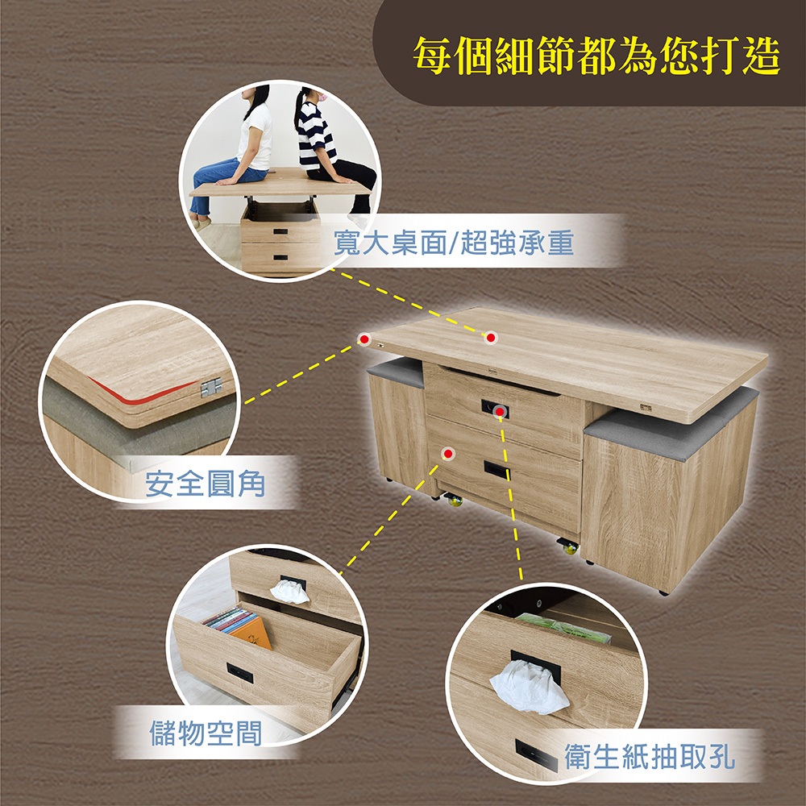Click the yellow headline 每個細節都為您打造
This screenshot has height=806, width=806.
pyautogui.click(x=596, y=56)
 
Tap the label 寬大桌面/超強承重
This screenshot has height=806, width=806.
pyautogui.click(x=453, y=243)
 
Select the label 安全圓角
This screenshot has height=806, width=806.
pyautogui.click(x=205, y=483)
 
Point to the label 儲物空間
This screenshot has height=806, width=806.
pyautogui.click(x=206, y=733)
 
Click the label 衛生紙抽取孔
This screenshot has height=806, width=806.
pyautogui.click(x=650, y=756)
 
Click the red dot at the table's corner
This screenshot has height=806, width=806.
pyautogui.click(x=364, y=339)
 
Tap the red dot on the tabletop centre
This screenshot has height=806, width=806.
pyautogui.click(x=491, y=338)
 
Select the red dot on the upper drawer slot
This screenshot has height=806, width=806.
pyautogui.click(x=499, y=411)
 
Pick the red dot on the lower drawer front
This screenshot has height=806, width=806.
pyautogui.click(x=448, y=453)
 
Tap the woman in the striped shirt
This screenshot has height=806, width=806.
pyautogui.click(x=329, y=149)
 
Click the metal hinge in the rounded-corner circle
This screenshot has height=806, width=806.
pyautogui.click(x=211, y=387)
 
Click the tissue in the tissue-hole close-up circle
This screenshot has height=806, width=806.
pyautogui.click(x=530, y=688)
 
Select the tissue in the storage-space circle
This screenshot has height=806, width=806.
pyautogui.click(x=289, y=591)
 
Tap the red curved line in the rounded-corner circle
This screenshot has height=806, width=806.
pyautogui.click(x=139, y=393)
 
